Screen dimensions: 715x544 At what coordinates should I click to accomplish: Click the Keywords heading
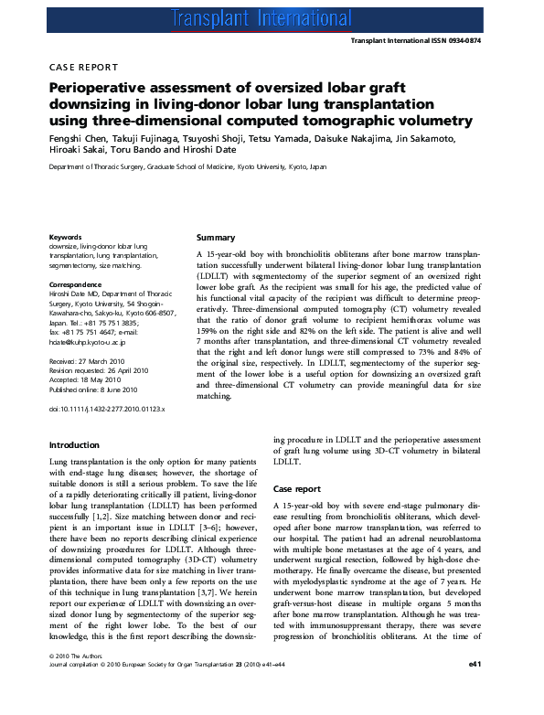pos(67,238)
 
